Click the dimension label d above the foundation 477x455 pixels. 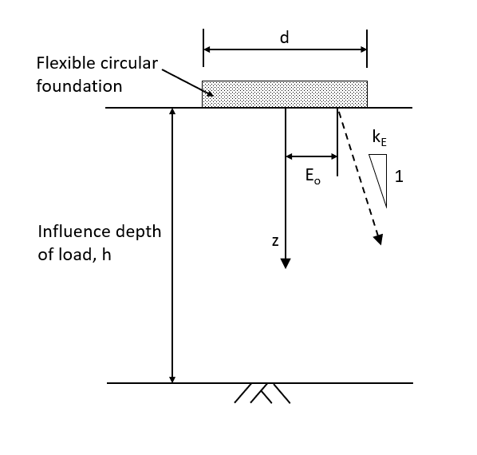pos(285,37)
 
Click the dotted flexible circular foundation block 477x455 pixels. pos(285,93)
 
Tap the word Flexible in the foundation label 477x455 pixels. pos(63,63)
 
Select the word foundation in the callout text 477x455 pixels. pos(79,85)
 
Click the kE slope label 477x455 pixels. pos(380,137)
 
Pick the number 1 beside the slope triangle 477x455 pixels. pos(399,177)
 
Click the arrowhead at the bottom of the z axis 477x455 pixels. pos(286,263)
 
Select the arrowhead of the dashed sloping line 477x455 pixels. pos(378,239)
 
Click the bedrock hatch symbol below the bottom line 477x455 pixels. pos(262,394)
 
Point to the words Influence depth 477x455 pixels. pos(99,231)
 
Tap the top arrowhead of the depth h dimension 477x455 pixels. pos(172,113)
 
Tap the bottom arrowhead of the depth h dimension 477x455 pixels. pos(172,377)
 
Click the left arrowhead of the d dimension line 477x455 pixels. pos(208,49)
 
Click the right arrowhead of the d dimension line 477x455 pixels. pos(362,49)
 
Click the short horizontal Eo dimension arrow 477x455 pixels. pos(312,156)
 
